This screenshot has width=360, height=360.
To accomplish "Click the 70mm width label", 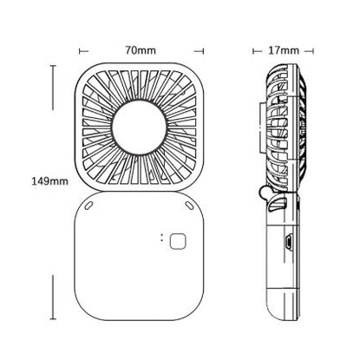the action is coord(141,50).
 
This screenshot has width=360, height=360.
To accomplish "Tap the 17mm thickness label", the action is coord(284,50).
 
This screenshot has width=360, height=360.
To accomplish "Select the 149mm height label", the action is coord(50,181).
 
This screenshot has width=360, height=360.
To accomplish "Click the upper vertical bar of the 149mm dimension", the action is coord(53,88).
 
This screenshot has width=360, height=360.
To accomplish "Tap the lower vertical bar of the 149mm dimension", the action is coord(53,298).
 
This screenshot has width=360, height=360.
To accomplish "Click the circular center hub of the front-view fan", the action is coord(139,128).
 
